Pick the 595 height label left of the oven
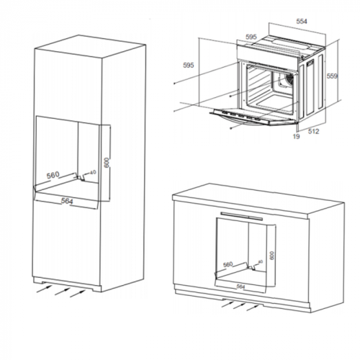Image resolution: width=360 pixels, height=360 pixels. pos(189,66)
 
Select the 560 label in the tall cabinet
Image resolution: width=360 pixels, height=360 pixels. pos(53,175)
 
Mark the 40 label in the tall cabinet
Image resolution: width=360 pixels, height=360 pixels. pos(92,173)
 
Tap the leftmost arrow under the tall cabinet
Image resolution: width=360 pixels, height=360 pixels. pos(45,287)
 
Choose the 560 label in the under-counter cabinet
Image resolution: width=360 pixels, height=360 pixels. pos(229,264)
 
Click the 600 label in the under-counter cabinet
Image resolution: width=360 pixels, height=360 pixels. pos(272,255)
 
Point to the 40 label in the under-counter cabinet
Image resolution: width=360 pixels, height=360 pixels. pos(258,262)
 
